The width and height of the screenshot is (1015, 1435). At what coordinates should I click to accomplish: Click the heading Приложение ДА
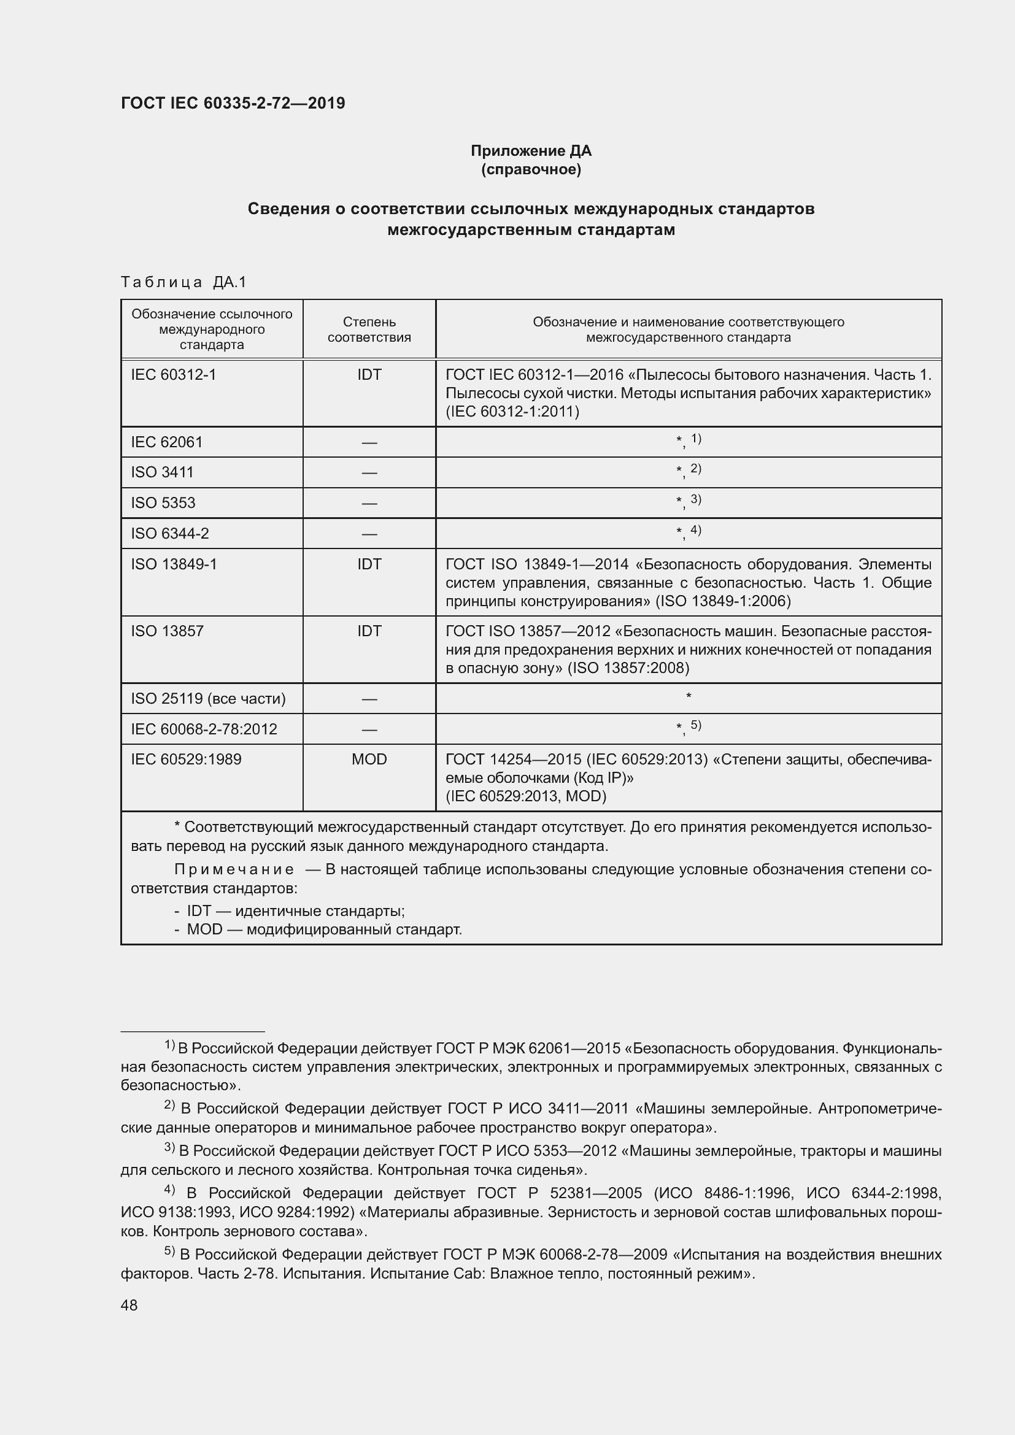pos(531,151)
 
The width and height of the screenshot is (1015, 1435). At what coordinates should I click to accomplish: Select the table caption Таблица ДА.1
pos(183,282)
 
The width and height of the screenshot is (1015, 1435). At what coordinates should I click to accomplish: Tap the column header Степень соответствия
pos(369,329)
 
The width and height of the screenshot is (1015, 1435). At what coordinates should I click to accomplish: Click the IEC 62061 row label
pos(167,442)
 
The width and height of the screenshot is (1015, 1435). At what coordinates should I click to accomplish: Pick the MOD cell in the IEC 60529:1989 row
pos(369,759)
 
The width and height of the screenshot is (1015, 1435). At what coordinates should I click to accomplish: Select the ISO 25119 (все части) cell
pos(208,698)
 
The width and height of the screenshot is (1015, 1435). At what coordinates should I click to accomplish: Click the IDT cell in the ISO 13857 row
pos(369,631)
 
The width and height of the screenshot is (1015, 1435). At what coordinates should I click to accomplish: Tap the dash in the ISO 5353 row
pos(369,503)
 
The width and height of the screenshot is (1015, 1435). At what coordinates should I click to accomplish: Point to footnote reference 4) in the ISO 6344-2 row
pos(696,530)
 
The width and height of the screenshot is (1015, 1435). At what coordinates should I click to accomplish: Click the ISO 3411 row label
pos(163,472)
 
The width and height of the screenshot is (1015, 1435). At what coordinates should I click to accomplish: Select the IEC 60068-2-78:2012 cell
pos(204,729)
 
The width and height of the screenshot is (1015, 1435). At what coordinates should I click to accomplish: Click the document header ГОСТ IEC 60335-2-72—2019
pos(233,103)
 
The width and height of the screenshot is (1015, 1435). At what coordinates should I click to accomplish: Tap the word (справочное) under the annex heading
pos(531,169)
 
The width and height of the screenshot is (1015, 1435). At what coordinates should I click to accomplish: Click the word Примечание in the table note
pos(234,869)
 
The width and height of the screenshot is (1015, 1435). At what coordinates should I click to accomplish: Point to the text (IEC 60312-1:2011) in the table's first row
pos(512,411)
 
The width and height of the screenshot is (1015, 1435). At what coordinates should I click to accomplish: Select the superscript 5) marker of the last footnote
pos(169,1252)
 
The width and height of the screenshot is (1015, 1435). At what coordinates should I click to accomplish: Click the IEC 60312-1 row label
pos(173,374)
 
